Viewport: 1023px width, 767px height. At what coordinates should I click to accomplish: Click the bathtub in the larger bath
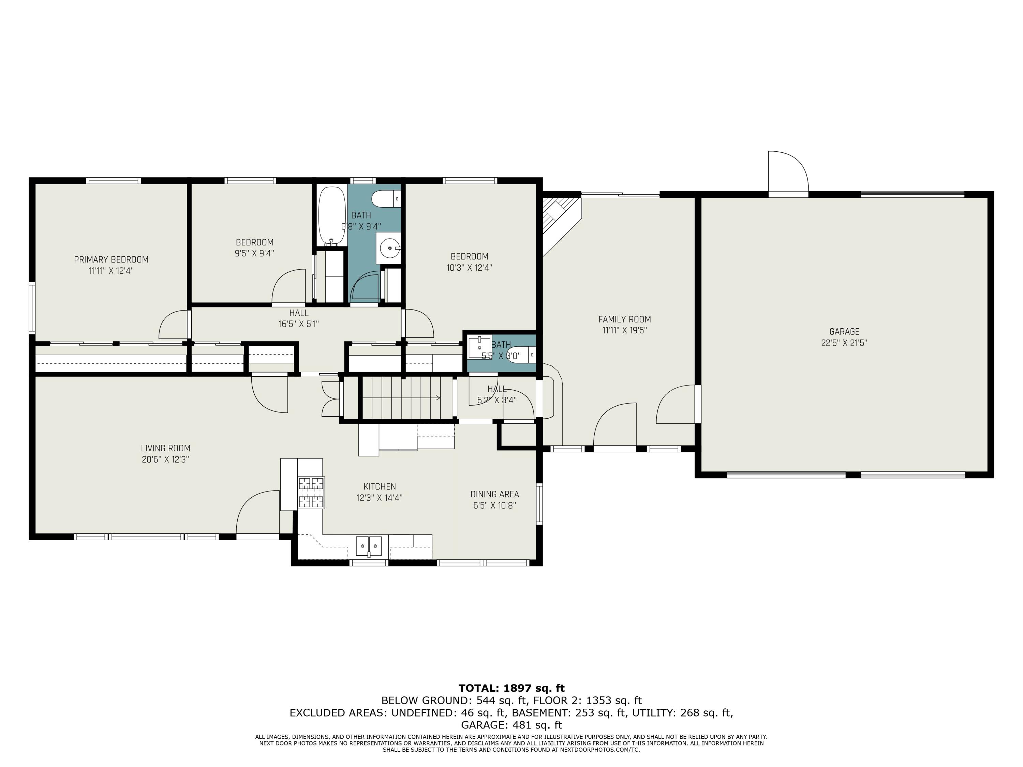[x=331, y=215]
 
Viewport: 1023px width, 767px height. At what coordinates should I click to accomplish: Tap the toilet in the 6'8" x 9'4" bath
[x=386, y=199]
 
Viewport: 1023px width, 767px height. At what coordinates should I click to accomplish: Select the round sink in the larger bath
[x=388, y=248]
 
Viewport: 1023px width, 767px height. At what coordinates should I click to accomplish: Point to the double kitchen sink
[x=369, y=546]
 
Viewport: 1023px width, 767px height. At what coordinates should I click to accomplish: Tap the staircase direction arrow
[x=424, y=397]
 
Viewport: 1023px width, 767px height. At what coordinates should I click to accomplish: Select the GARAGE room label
[x=844, y=331]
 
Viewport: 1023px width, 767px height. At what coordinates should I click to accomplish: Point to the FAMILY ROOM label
[x=624, y=319]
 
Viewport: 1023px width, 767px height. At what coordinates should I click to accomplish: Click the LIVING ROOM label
[x=166, y=448]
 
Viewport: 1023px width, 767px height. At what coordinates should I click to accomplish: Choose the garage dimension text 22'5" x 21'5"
[x=844, y=343]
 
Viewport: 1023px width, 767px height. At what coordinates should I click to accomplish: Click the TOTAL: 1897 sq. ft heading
[x=512, y=688]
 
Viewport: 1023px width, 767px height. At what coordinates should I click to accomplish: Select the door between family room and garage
[x=676, y=404]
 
